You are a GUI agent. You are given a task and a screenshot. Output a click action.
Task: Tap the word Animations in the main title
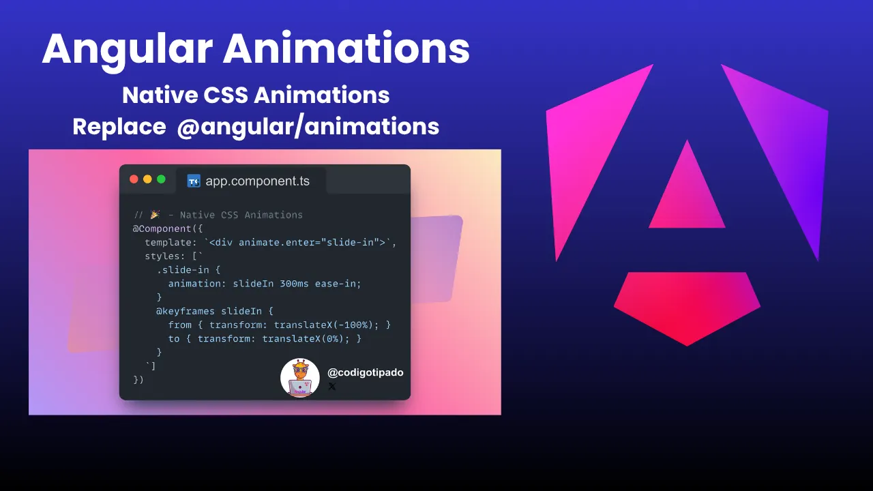346,49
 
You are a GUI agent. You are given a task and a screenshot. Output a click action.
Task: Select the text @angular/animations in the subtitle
308,126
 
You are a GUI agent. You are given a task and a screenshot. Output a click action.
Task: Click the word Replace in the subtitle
119,126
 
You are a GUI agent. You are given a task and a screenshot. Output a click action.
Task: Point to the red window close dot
134,179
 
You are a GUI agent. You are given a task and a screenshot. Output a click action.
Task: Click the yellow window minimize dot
147,179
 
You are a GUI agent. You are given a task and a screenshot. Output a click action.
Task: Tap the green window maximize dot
161,179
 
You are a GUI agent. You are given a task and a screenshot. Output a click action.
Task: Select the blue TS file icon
194,181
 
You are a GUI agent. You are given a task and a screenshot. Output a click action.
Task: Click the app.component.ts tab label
257,181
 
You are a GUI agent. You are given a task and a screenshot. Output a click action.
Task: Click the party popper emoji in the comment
155,215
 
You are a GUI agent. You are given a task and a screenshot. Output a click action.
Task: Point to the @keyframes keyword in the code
185,311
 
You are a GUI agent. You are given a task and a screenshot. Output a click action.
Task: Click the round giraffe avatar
300,378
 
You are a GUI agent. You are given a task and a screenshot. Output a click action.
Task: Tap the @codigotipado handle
365,372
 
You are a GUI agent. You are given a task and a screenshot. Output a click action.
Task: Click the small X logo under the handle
332,387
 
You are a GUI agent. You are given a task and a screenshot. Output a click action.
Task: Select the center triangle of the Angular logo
687,191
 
